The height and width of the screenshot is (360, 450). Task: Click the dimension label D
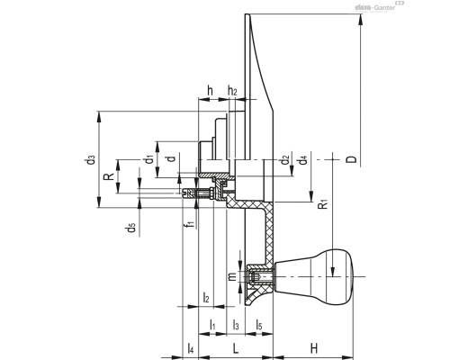352,160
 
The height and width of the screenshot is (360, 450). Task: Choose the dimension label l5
258,323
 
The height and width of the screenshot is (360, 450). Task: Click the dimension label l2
206,298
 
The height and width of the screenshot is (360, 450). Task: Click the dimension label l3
236,323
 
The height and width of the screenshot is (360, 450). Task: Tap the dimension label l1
211,323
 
